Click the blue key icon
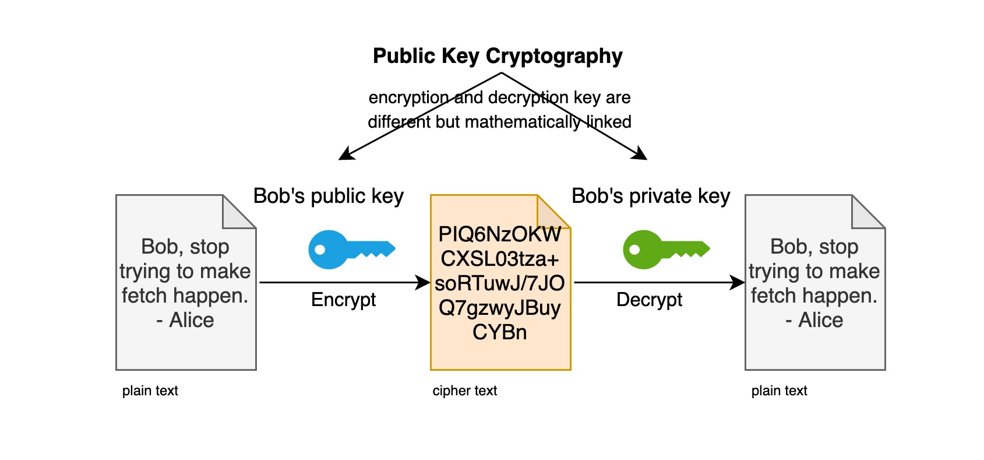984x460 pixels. (x=351, y=250)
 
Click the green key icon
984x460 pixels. (x=666, y=250)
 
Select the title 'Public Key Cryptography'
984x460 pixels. (x=498, y=57)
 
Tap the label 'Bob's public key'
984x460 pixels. (x=328, y=196)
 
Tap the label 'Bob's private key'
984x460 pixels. (x=651, y=196)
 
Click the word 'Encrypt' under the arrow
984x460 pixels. (x=343, y=300)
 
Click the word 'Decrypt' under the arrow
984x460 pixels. (x=649, y=300)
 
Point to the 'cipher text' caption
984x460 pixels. (x=465, y=391)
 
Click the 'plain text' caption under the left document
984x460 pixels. (x=150, y=391)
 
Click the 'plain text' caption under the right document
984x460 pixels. (x=780, y=391)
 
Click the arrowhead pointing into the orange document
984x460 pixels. (x=423, y=282)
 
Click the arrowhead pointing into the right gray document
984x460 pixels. (x=738, y=282)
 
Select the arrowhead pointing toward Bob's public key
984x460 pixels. (x=346, y=154)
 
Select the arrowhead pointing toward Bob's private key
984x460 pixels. (x=640, y=154)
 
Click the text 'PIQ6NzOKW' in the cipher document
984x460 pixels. (x=500, y=234)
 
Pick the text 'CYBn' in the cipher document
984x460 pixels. (x=500, y=332)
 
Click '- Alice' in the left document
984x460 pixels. (x=185, y=320)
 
